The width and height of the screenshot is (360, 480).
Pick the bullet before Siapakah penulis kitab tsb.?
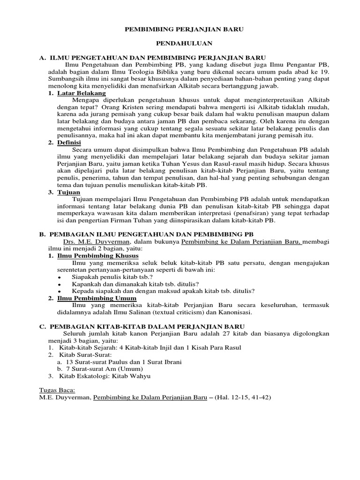pyautogui.click(x=60, y=277)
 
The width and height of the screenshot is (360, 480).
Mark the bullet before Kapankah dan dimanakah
pyautogui.click(x=60, y=285)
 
